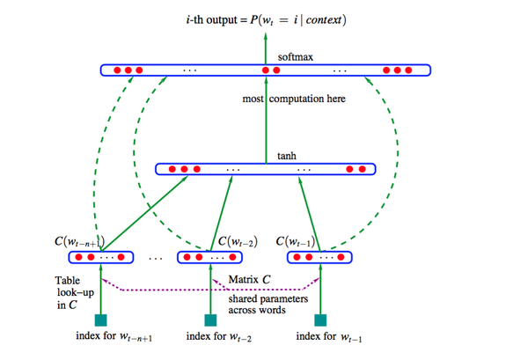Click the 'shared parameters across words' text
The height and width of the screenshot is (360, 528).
point(258,303)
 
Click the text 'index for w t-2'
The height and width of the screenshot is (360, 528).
point(219,338)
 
